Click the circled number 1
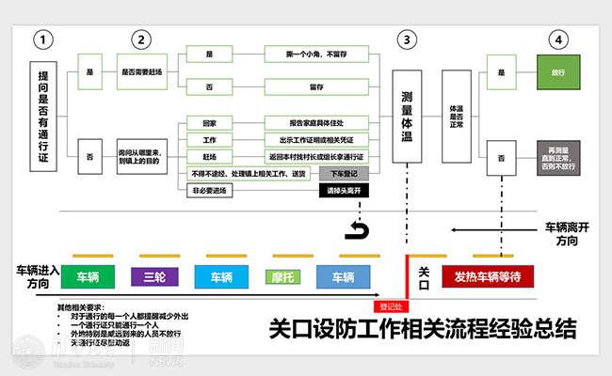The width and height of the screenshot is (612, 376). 42,39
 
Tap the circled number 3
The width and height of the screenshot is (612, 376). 406,39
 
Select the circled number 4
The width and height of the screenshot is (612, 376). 559,39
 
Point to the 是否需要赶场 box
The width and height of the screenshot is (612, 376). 141,70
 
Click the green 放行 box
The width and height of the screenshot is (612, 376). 557,70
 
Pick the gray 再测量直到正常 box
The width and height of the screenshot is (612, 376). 557,156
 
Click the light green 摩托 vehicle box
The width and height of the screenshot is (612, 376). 283,276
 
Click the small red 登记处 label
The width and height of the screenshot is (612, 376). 390,305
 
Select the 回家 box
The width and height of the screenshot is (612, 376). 209,123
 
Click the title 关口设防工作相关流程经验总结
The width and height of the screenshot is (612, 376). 421,329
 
